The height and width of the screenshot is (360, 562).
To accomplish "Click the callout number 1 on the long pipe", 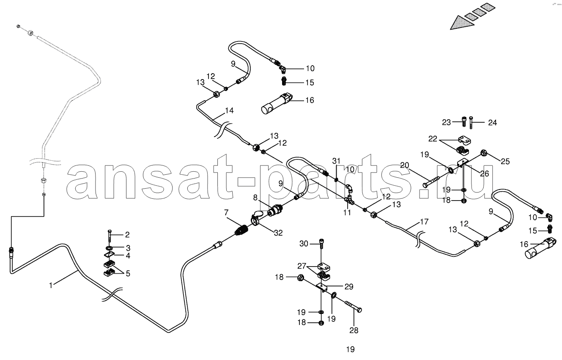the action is (51, 285).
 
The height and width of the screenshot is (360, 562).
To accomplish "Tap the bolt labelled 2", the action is (110, 236).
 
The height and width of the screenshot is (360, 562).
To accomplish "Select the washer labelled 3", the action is (110, 248).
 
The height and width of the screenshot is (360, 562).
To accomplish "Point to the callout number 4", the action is (128, 256).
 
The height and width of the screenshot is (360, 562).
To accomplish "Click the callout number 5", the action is (128, 273).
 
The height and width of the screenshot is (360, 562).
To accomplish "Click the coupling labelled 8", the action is (275, 210).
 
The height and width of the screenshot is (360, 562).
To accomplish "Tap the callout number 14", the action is (229, 110).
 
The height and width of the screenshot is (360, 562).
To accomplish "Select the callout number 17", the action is (424, 222).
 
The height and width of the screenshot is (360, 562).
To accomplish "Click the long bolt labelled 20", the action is (431, 181).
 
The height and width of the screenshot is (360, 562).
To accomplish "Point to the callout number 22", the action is (433, 139).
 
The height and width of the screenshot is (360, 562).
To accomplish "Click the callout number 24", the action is (493, 123).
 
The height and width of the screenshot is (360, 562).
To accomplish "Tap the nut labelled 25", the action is (484, 152).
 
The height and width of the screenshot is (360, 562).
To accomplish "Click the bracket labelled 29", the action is (322, 287).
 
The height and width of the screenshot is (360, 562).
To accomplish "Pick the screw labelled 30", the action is (321, 244).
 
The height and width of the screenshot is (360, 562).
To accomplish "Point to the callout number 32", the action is (278, 233).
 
